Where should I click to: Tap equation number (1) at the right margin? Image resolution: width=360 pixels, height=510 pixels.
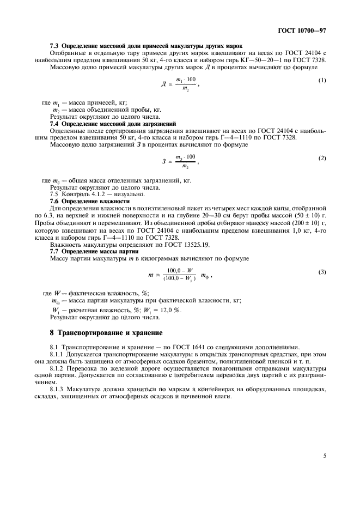coord(322,81)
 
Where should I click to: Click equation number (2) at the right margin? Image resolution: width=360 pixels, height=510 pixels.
coord(322,158)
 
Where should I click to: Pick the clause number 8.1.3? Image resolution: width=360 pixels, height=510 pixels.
coord(58,389)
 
